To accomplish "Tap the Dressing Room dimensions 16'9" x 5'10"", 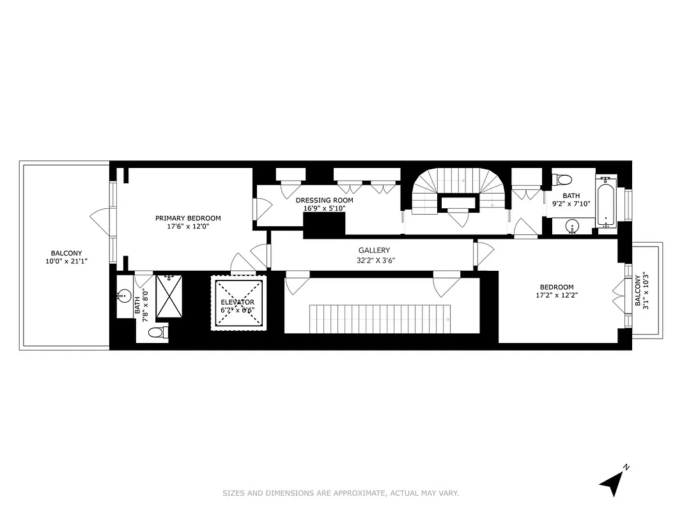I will (x=324, y=208).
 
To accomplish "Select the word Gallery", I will (x=373, y=250).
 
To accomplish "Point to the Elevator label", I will (x=237, y=302).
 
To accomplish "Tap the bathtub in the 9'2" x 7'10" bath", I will (x=606, y=202).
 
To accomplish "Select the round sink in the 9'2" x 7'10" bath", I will (x=573, y=225).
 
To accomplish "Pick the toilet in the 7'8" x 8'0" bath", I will (x=157, y=332).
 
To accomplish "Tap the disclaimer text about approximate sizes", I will (x=341, y=493).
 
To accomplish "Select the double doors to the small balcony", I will (x=619, y=294).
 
